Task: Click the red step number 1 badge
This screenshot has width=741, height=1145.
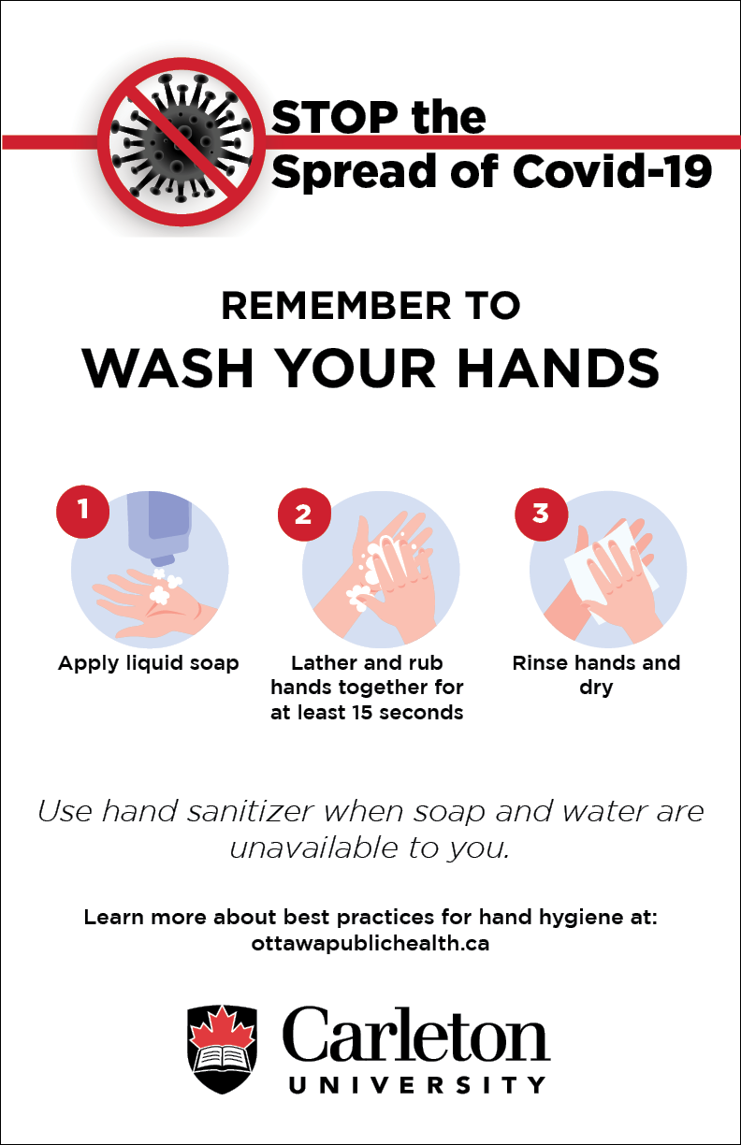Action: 83,511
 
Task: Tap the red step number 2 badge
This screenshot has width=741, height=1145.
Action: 304,515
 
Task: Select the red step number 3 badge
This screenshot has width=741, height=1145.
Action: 541,515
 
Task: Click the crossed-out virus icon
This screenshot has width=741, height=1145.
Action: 182,141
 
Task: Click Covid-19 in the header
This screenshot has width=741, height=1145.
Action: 612,171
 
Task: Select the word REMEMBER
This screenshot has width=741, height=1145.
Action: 336,306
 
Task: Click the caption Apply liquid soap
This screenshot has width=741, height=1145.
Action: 149,663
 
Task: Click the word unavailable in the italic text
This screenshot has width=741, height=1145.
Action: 313,848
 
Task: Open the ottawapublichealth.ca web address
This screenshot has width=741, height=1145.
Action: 370,943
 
